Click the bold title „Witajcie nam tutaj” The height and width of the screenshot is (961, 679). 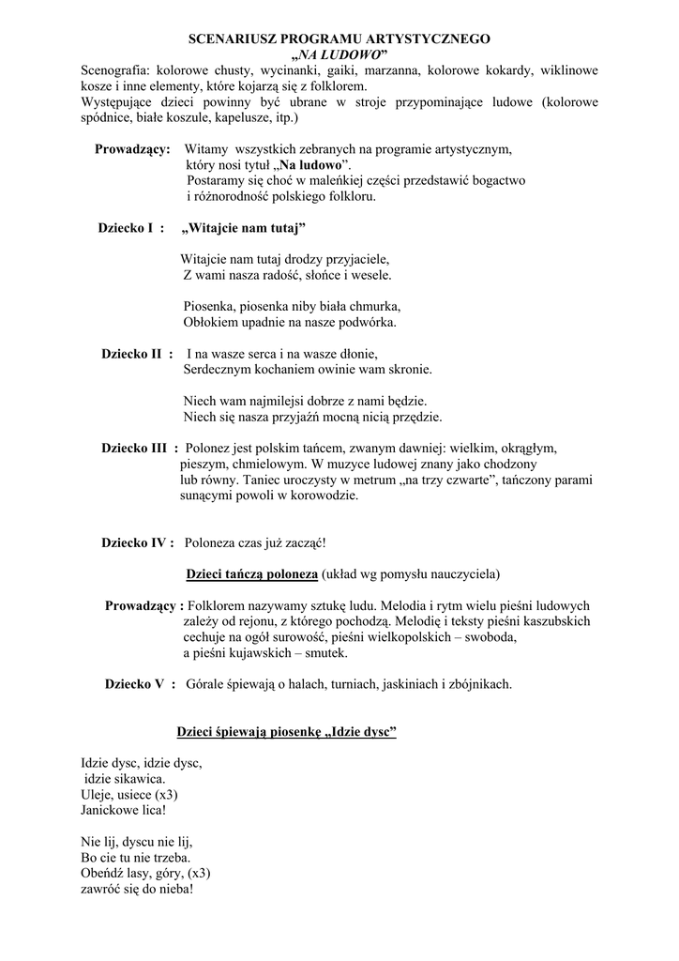(243, 228)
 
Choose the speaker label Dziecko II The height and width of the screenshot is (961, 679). (137, 354)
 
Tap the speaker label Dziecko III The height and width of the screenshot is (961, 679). (140, 448)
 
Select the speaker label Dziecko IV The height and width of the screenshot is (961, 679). (138, 542)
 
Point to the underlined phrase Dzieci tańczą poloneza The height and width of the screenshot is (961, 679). (252, 573)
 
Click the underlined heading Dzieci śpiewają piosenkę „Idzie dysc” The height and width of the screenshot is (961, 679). (287, 732)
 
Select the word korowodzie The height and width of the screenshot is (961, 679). (325, 495)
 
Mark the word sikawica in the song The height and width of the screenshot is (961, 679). (137, 779)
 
